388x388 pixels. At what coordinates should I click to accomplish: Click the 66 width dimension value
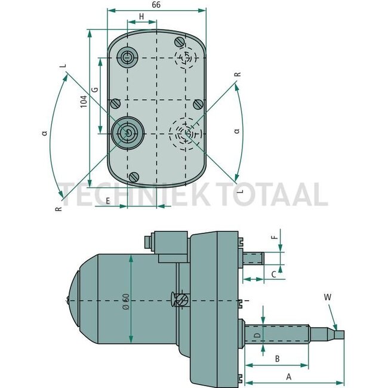[156, 5]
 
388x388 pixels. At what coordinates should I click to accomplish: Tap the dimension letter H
[141, 16]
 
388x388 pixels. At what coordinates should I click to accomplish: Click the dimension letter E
[107, 201]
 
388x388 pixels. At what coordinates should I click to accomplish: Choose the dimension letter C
[273, 274]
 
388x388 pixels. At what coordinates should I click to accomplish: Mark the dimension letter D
[257, 337]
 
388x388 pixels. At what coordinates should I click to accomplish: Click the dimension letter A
[290, 377]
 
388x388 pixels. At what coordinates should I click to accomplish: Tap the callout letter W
[327, 295]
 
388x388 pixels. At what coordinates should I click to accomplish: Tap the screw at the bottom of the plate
[134, 177]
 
